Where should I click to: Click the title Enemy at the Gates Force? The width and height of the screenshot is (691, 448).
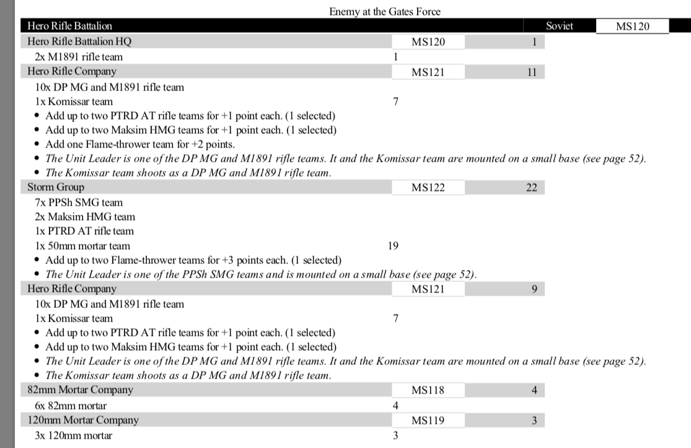pos(385,12)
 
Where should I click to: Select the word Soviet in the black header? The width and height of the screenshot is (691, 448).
pos(560,26)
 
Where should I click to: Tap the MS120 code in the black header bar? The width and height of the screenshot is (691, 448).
pos(632,26)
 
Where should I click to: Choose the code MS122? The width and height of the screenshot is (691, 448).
pos(428,187)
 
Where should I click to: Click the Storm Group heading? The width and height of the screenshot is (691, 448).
pos(56,187)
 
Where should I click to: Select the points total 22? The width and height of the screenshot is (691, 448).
pos(531,187)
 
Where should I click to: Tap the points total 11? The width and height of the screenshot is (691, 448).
pos(531,71)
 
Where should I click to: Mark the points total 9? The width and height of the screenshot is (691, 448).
pos(534,289)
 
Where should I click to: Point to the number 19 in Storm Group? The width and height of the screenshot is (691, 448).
pos(393,245)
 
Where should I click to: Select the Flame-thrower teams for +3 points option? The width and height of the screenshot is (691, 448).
pos(193,260)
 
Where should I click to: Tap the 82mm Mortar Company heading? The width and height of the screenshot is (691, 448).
pos(81,390)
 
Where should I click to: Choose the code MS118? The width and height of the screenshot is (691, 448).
pos(428,390)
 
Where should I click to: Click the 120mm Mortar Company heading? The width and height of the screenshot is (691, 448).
pos(83,420)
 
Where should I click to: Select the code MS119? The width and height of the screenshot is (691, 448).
pos(428,420)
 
